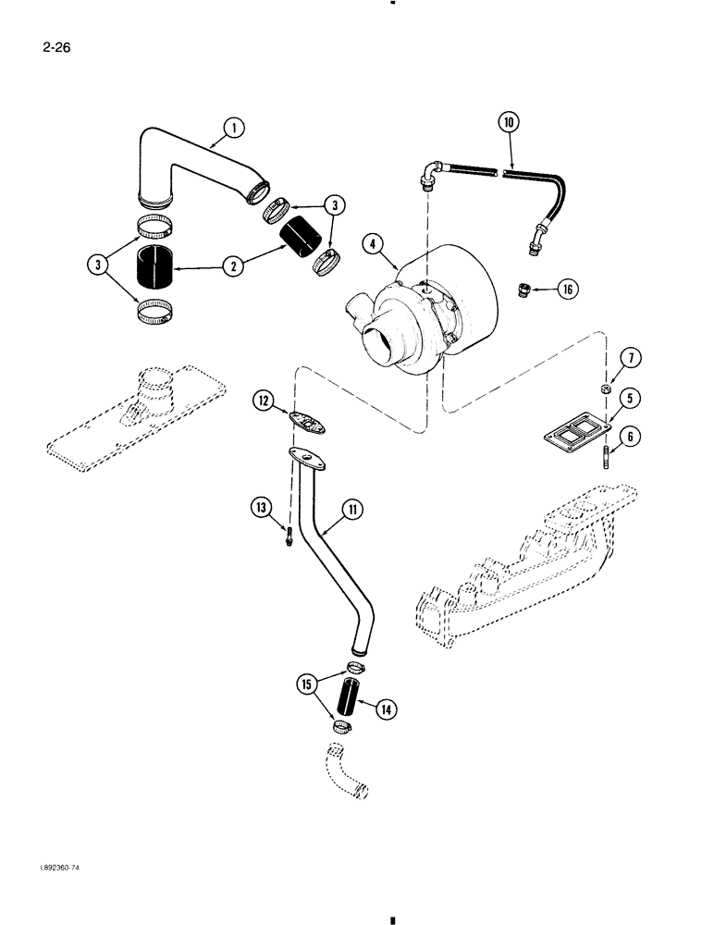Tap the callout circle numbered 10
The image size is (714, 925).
tap(509, 122)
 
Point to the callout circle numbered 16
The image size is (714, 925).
tap(567, 290)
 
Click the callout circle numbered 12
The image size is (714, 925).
tap(264, 400)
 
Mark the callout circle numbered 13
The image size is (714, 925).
tap(261, 506)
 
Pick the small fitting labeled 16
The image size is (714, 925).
tap(523, 290)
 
